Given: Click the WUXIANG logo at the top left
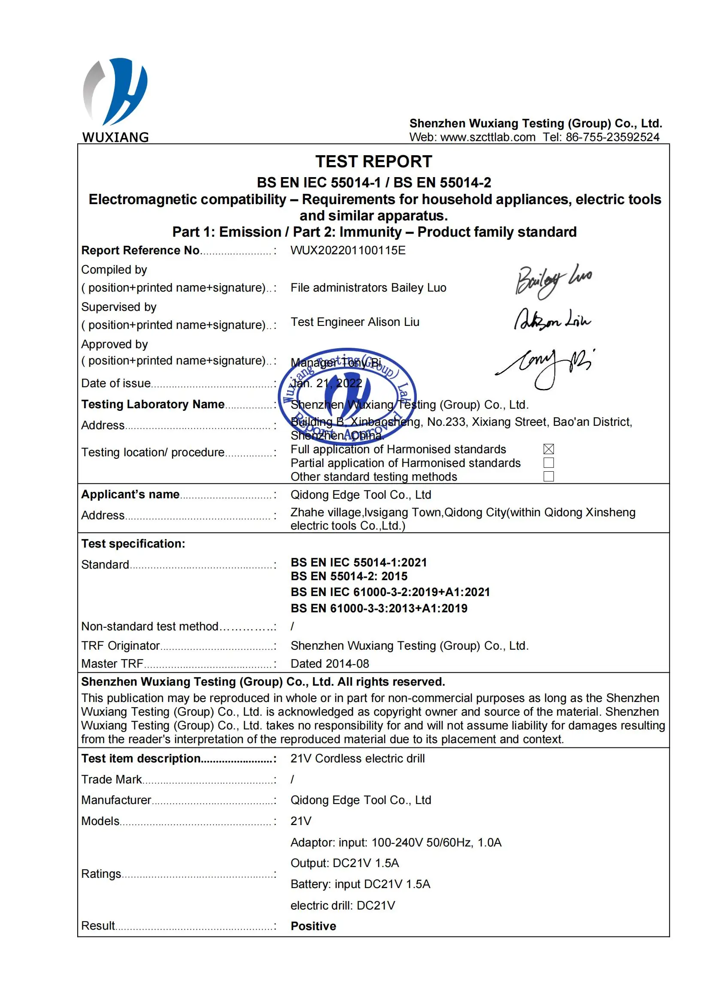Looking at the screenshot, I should coord(115,99).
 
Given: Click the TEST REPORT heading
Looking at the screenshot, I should coord(373,162).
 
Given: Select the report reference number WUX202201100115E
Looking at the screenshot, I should coord(348,250).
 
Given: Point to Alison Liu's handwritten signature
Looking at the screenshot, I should coord(552,320).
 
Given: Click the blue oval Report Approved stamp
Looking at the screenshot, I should coord(348,396).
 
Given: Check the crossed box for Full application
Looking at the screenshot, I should coord(549,449).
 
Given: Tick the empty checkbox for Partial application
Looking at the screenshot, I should coord(549,463).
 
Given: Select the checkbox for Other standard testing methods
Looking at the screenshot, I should coord(549,476).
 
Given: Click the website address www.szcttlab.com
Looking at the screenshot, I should coord(488,137).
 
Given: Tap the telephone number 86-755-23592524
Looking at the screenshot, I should coord(612,137).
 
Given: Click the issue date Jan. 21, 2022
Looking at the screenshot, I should coord(327,383).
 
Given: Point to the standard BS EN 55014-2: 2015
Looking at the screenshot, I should coord(349,576).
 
